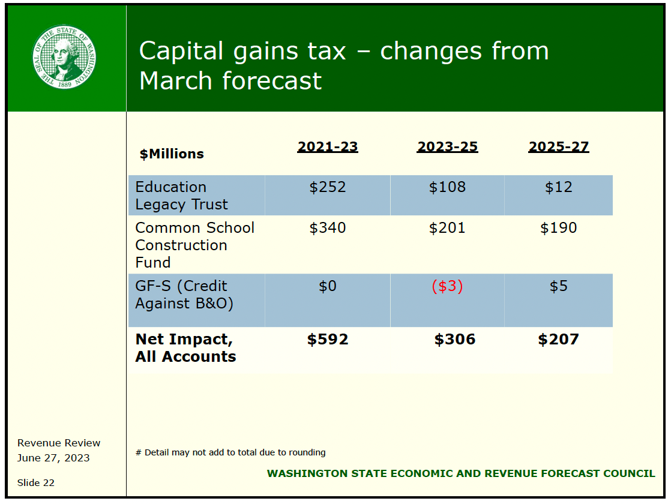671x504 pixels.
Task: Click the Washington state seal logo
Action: pos(65,57)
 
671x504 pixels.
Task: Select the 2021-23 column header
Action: pos(328,147)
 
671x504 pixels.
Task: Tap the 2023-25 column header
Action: pos(447,147)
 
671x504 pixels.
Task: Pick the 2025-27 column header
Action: pos(558,147)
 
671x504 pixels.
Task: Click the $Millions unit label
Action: pos(172,154)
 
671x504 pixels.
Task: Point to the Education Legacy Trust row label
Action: pos(181,196)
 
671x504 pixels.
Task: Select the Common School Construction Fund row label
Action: pos(194,245)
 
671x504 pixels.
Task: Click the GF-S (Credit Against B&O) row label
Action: pos(184,295)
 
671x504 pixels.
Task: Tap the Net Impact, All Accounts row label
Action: pos(185,347)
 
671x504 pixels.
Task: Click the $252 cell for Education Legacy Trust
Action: pos(328,187)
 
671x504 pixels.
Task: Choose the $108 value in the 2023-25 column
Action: pos(447,187)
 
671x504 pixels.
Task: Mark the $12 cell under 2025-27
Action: pos(558,187)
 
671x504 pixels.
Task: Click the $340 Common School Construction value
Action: pos(328,228)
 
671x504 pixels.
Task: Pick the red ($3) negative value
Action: pos(447,286)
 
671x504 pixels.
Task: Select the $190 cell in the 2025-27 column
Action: pos(558,228)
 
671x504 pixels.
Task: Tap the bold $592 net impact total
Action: pos(328,340)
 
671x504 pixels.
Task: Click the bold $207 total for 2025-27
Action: pos(558,340)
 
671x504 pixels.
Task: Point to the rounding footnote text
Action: pos(230,452)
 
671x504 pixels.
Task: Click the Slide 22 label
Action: pos(36,482)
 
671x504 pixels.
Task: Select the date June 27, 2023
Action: pos(53,458)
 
